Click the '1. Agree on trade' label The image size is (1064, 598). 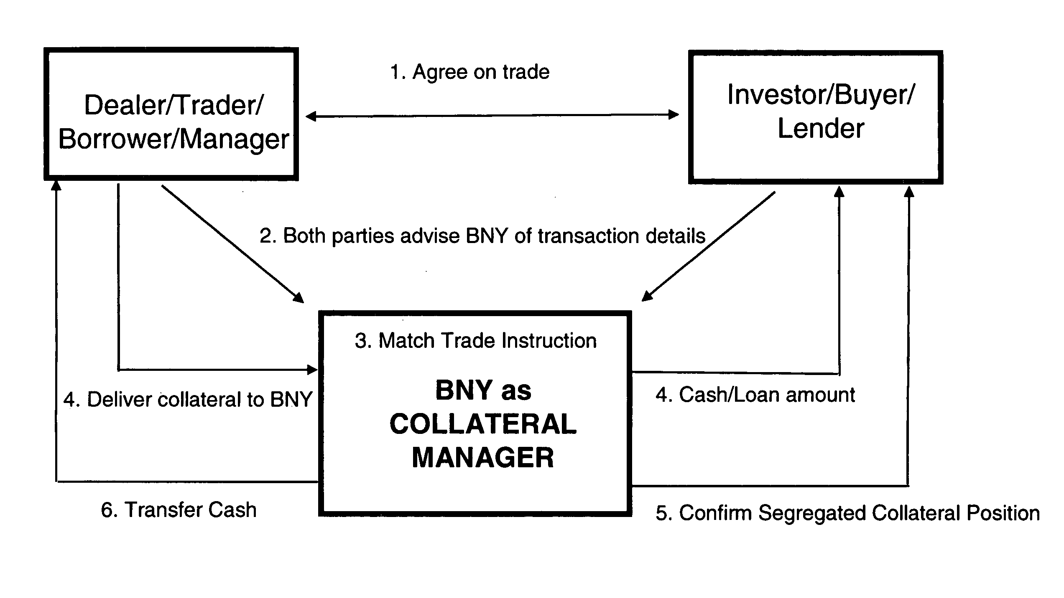click(469, 72)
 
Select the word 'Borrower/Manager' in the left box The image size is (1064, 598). click(174, 139)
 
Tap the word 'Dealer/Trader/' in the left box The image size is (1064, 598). click(174, 105)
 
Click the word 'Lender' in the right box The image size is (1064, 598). click(821, 128)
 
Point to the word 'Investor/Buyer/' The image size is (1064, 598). click(821, 95)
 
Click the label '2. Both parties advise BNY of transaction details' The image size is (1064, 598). click(482, 236)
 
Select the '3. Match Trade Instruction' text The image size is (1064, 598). click(476, 340)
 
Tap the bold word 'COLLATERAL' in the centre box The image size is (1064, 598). click(483, 424)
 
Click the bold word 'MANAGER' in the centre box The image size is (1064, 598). click(483, 457)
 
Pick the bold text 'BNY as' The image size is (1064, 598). click(483, 390)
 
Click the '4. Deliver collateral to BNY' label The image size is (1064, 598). click(188, 400)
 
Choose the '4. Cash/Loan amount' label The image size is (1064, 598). click(755, 395)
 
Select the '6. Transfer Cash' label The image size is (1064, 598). click(179, 510)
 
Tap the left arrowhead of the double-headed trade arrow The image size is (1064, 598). click(311, 116)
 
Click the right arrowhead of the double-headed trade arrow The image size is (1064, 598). click(674, 114)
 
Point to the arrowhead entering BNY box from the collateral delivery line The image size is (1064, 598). click(312, 370)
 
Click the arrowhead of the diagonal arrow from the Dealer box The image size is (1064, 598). click(299, 297)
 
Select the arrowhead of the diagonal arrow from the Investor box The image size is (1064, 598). click(648, 296)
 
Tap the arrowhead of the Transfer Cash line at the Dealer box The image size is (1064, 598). click(56, 186)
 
